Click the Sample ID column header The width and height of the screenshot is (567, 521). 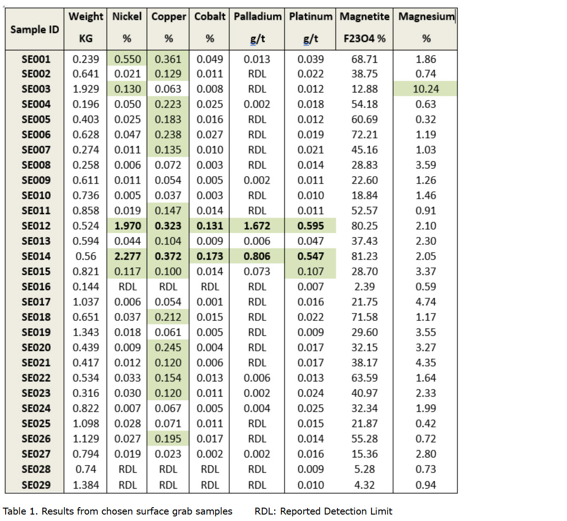(x=35, y=30)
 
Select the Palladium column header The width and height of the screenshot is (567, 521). (x=257, y=17)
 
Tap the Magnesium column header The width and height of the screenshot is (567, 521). (x=426, y=17)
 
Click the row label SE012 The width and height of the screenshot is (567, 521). (x=35, y=226)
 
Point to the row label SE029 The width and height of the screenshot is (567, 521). (x=35, y=485)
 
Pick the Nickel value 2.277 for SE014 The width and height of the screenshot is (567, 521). (x=127, y=256)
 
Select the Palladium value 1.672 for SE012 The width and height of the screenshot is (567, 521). (x=257, y=226)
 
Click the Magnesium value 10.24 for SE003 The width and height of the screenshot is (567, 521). (x=425, y=89)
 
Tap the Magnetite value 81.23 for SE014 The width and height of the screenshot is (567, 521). (x=364, y=256)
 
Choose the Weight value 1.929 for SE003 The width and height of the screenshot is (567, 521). (x=86, y=89)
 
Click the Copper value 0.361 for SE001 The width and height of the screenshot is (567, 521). (x=168, y=59)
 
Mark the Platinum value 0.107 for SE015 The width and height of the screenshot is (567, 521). (x=310, y=272)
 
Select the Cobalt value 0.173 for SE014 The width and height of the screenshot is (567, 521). (x=210, y=256)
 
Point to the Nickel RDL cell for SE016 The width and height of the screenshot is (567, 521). (x=127, y=287)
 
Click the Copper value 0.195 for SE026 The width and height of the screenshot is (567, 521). (x=168, y=439)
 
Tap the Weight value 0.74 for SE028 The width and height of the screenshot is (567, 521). (x=86, y=469)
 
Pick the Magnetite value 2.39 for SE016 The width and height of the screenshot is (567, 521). (x=364, y=287)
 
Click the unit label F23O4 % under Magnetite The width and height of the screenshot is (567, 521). (x=364, y=39)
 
